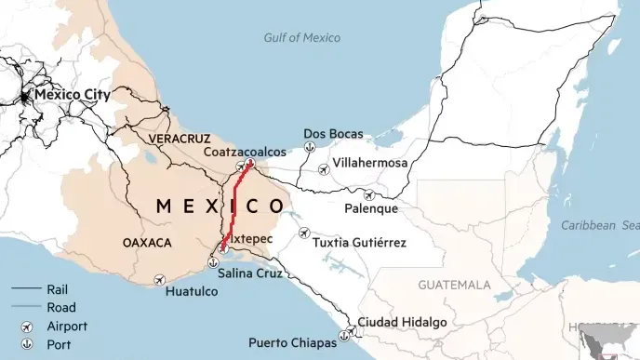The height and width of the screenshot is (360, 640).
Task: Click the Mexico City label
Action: [x=73, y=95]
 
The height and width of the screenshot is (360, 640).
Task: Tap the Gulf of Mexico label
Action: [x=301, y=38]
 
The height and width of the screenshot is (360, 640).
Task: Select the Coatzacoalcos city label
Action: [x=245, y=152]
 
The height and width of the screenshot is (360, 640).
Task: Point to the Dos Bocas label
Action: [x=334, y=134]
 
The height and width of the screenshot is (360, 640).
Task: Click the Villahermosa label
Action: [x=370, y=164]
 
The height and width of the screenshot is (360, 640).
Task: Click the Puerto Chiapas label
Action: [x=292, y=342]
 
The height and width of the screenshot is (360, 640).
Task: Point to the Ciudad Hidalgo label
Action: [x=402, y=322]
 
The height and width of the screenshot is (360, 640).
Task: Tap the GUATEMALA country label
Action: [x=454, y=284]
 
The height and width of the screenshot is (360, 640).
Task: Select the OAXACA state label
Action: [x=147, y=243]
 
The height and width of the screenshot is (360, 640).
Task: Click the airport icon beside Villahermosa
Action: [x=323, y=169]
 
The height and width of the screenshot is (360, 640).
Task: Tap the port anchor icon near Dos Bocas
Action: [x=307, y=149]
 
